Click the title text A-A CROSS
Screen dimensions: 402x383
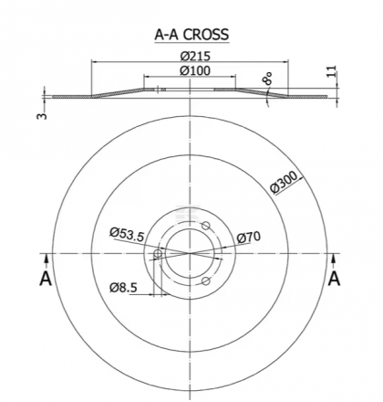click(x=191, y=36)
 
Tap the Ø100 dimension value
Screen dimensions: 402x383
click(x=191, y=71)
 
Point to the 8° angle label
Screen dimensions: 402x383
click(x=267, y=79)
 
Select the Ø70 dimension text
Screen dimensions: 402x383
click(x=249, y=238)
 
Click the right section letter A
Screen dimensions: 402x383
click(x=335, y=277)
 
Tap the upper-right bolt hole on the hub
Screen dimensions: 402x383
click(x=206, y=227)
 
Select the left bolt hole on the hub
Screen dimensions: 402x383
click(x=159, y=254)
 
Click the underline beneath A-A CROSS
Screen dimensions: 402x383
click(x=191, y=44)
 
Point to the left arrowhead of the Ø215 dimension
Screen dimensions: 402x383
click(x=94, y=64)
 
